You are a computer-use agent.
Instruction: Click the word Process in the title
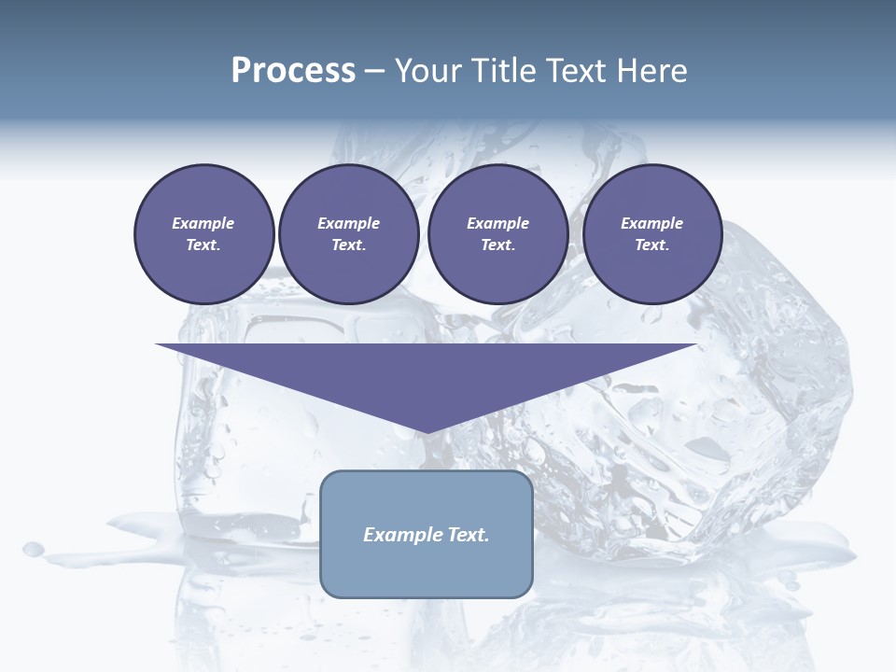click(x=293, y=71)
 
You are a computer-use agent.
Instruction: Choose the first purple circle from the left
click(x=203, y=234)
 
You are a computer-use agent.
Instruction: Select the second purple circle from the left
click(x=349, y=234)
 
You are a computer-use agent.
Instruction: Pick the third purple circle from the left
click(x=497, y=234)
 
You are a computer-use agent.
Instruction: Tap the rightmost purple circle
click(x=652, y=234)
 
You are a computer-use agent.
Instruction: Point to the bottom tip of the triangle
click(x=426, y=431)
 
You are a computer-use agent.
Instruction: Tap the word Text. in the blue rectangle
click(x=468, y=535)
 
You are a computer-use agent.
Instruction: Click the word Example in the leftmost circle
click(x=203, y=223)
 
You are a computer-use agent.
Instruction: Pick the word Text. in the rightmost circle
click(x=652, y=245)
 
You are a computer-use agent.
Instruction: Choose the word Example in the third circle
click(x=497, y=223)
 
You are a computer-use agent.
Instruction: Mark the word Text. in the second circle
click(x=349, y=245)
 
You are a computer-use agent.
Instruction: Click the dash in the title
click(x=375, y=72)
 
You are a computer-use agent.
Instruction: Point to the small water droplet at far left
click(x=34, y=548)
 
